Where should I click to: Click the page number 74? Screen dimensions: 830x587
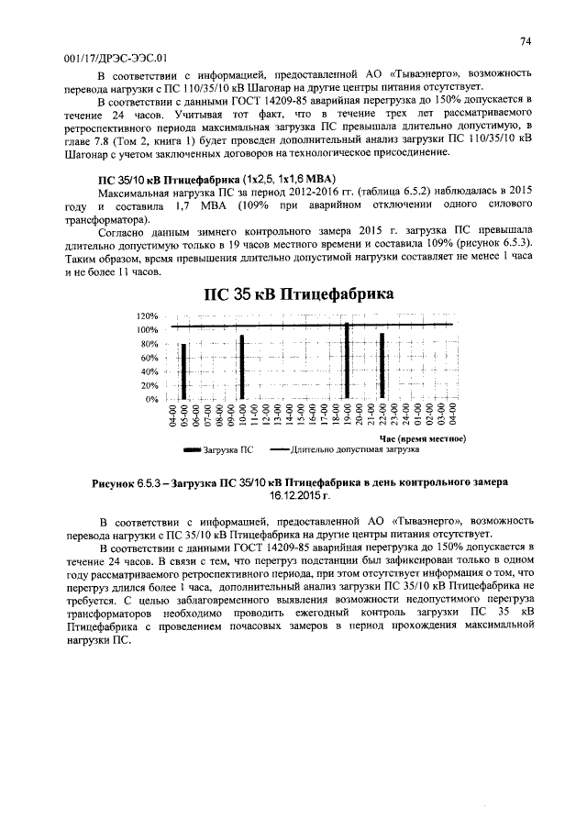[526, 41]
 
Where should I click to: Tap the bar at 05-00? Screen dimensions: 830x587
[183, 371]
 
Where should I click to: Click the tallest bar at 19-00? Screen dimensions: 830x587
[347, 361]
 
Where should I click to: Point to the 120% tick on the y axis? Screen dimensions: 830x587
[148, 315]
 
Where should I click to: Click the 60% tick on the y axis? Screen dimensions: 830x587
[150, 358]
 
